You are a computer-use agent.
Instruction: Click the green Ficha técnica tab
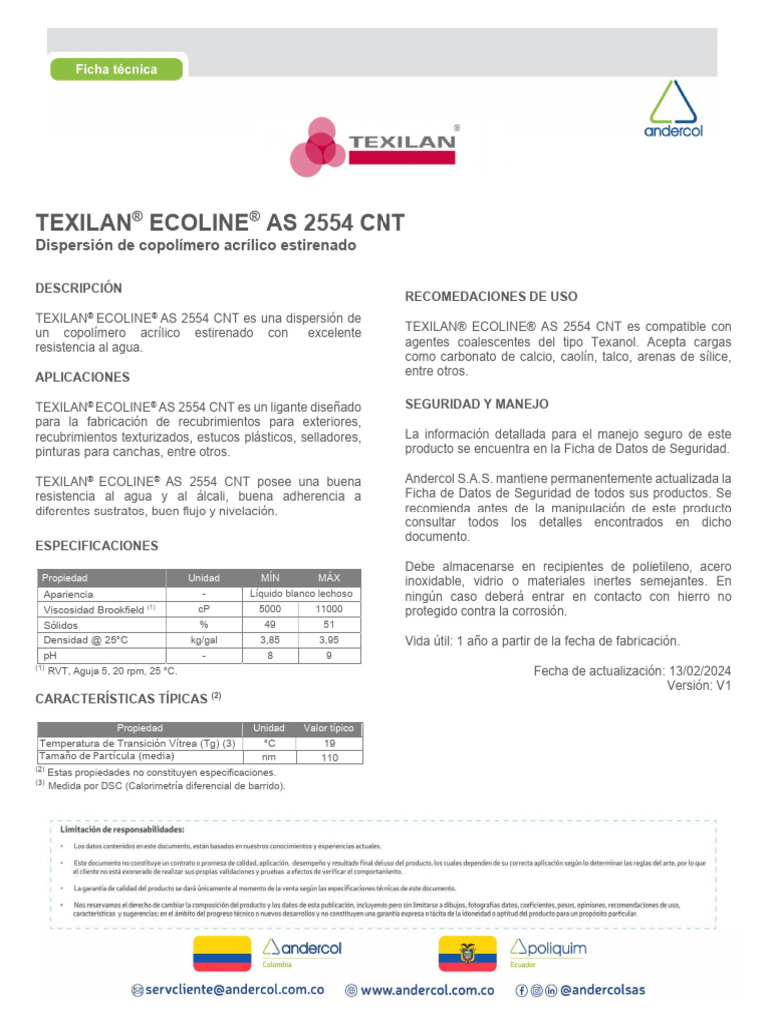[x=117, y=69]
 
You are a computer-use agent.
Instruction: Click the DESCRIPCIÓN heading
[x=79, y=288]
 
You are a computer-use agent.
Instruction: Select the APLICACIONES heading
[x=83, y=377]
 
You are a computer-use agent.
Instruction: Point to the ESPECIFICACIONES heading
[x=97, y=546]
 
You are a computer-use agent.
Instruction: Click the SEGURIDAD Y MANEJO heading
[x=476, y=404]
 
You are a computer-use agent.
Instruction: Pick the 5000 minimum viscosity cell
[x=270, y=609]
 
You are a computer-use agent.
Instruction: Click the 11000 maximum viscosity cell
[x=328, y=609]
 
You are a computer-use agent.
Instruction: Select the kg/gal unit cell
[x=204, y=639]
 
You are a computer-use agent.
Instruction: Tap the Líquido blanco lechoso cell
[x=300, y=594]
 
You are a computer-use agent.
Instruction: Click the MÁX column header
[x=328, y=578]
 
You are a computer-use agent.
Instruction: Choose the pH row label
[x=50, y=655]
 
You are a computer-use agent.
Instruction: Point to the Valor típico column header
[x=329, y=728]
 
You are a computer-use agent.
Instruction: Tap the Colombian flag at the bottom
[x=221, y=954]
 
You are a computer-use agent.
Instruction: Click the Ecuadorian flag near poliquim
[x=467, y=954]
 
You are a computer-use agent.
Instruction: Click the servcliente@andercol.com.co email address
[x=237, y=990]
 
